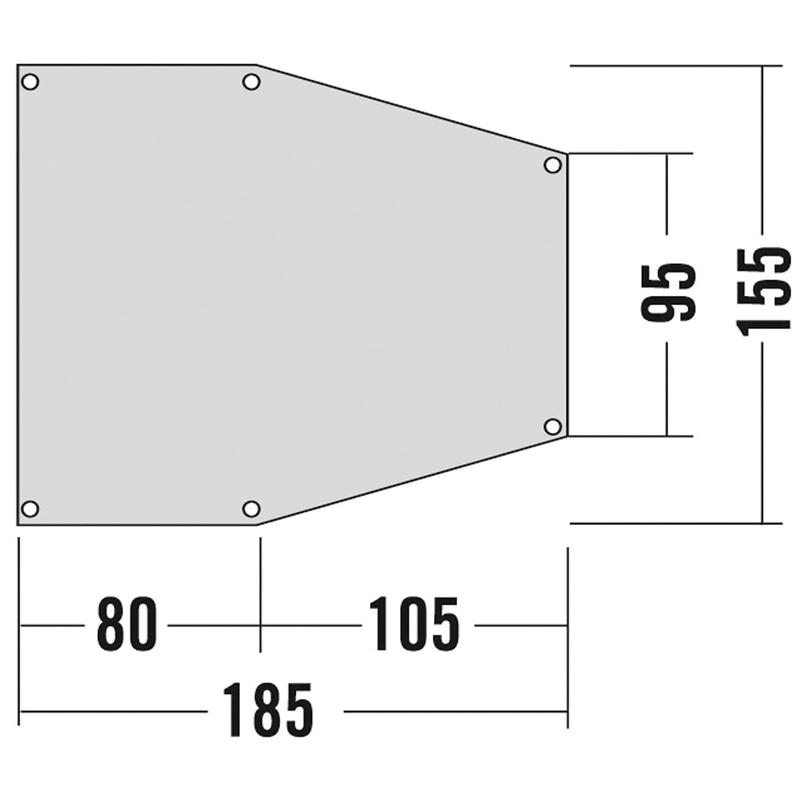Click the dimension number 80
pos(127,624)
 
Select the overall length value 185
pos(268,710)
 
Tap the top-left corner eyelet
pos(30,82)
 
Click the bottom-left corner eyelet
pos(30,508)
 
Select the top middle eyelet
pos(251,82)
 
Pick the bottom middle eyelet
pos(251,508)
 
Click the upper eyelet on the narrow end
pos(552,165)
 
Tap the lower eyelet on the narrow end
pos(552,427)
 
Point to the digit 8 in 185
pos(268,710)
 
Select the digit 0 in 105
pos(414,624)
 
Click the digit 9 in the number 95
pos(668,309)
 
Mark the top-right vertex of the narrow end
pos(567,153)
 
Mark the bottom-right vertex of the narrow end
pos(567,436)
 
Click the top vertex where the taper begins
pos(256,65)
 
